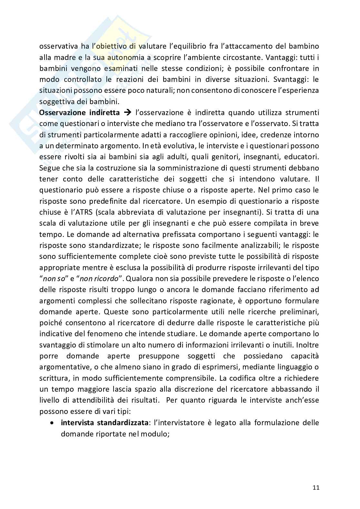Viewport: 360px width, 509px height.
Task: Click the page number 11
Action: [316, 487]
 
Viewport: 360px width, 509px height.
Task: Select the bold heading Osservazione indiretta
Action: [79, 113]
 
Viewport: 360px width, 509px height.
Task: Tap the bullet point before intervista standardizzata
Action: [52, 423]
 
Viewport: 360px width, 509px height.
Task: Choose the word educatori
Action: [302, 157]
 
